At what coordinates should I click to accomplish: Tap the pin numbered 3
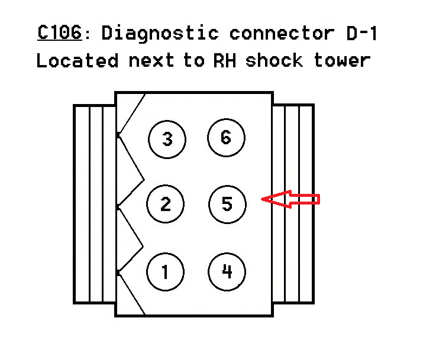pos(167,140)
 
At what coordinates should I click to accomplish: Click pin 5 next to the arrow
pos(227,205)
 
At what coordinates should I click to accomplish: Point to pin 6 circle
pos(226,138)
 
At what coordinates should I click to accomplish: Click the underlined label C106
pos(59,33)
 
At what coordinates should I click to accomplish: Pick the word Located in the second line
pos(75,60)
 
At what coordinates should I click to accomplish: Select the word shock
pos(276,60)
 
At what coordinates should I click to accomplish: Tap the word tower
pos(343,60)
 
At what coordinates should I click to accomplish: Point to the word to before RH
pos(193,60)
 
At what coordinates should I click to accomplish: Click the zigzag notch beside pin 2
pos(131,206)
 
